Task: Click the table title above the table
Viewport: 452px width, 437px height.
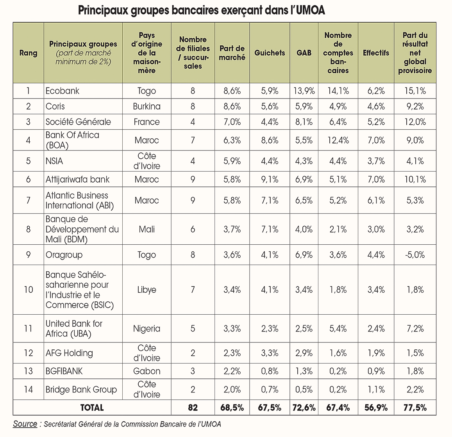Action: coord(202,11)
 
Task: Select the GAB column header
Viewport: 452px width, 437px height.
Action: coord(304,53)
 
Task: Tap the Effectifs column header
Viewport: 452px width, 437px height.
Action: coord(376,53)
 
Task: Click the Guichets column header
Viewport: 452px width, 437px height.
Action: coord(270,53)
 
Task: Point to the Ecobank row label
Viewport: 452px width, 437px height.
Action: coord(62,91)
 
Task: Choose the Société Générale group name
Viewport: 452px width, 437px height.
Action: coord(78,122)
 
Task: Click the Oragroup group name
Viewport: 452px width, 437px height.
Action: coord(64,255)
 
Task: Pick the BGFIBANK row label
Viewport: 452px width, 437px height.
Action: coord(64,371)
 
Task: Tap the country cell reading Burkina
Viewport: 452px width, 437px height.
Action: coord(147,106)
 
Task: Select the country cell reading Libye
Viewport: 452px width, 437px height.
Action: coord(147,290)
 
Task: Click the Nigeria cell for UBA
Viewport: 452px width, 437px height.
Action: coord(147,329)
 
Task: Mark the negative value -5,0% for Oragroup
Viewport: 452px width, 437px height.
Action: coord(415,255)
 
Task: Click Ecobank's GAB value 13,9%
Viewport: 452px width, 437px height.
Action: coord(304,91)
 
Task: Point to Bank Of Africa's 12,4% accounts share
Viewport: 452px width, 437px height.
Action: coord(338,140)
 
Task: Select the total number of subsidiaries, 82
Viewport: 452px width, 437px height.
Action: coord(193,408)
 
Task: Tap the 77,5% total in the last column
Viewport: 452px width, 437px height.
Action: coord(415,408)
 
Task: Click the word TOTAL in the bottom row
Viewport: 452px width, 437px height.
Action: coord(92,408)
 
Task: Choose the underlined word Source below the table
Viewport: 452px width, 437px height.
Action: coord(25,424)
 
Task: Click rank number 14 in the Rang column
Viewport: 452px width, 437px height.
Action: coord(28,390)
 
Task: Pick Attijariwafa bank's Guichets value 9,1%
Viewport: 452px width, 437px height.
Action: coord(270,179)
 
